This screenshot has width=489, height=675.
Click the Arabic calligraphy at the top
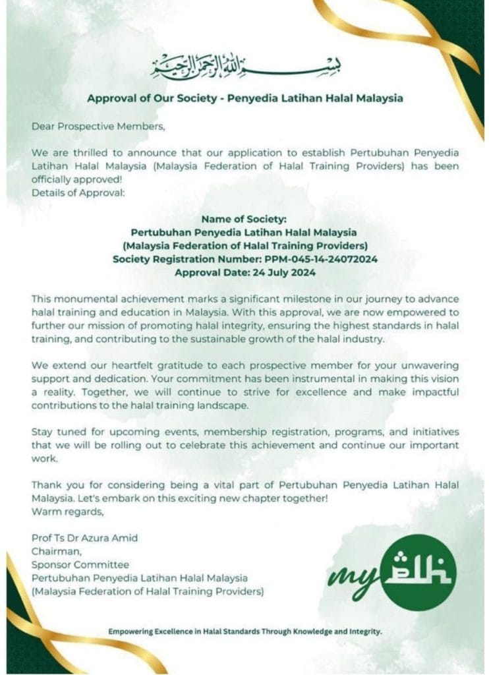pos(244,64)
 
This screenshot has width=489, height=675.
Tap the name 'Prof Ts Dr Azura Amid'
pos(84,537)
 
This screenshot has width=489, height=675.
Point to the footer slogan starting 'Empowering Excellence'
pos(244,631)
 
